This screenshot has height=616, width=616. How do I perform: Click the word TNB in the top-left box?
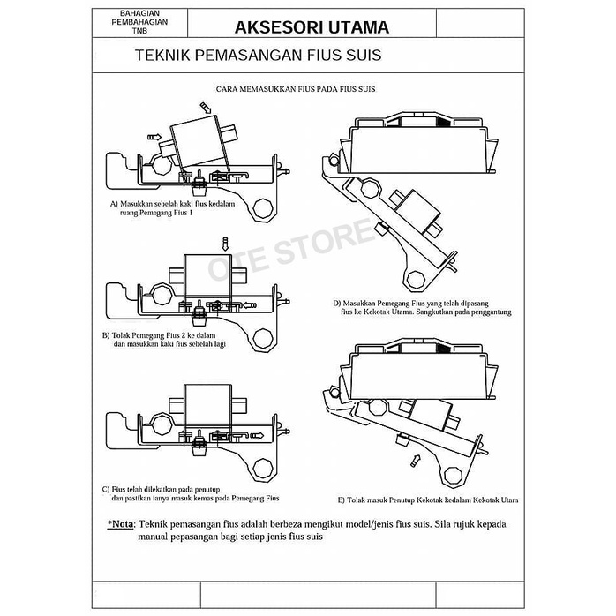[139, 32]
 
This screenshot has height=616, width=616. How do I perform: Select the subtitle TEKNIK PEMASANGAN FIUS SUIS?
[258, 56]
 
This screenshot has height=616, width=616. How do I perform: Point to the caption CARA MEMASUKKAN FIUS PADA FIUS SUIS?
[296, 90]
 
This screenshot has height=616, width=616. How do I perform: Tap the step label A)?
[114, 203]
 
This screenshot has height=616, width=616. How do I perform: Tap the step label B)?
[105, 336]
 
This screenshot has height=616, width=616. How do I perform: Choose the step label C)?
[105, 488]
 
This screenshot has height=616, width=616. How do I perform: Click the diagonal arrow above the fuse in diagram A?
[206, 107]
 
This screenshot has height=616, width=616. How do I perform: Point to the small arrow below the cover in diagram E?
[414, 459]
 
